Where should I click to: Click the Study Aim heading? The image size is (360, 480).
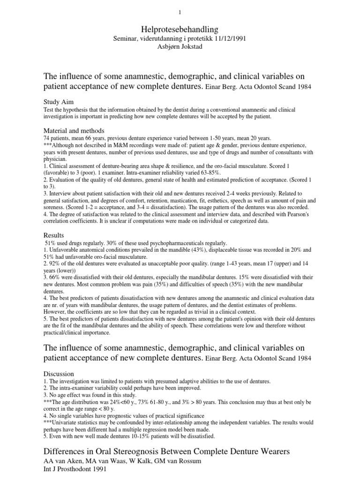pyautogui.click(x=58, y=101)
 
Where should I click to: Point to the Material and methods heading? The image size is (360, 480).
pyautogui.click(x=74, y=130)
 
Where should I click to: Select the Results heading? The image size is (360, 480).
pyautogui.click(x=53, y=234)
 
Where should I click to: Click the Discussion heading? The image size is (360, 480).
pyautogui.click(x=59, y=374)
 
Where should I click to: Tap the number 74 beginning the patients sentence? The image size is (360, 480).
pyautogui.click(x=46, y=138)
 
